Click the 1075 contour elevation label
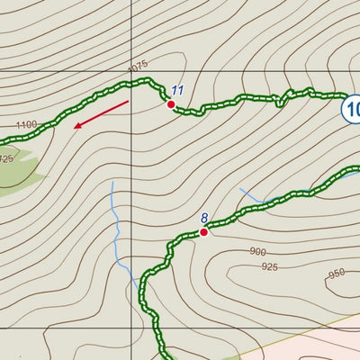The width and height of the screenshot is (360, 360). coord(137,67)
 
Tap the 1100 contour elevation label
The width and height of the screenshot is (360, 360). coord(26,124)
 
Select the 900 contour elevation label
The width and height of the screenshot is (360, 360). coord(258,252)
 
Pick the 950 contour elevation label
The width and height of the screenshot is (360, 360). coord(336,274)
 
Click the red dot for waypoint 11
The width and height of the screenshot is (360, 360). coord(170,104)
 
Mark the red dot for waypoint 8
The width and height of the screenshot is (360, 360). coord(203,232)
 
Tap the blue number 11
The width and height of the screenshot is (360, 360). coord(177,91)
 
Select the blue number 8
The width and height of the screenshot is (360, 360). coord(204,218)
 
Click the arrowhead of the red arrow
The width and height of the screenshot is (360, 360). coord(76,126)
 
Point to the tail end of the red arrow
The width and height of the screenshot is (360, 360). coord(127,103)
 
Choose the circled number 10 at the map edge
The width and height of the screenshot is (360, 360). coord(351,110)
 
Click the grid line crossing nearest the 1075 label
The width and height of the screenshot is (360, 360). coord(131,68)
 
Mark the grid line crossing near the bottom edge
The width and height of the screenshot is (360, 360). coord(131,328)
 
